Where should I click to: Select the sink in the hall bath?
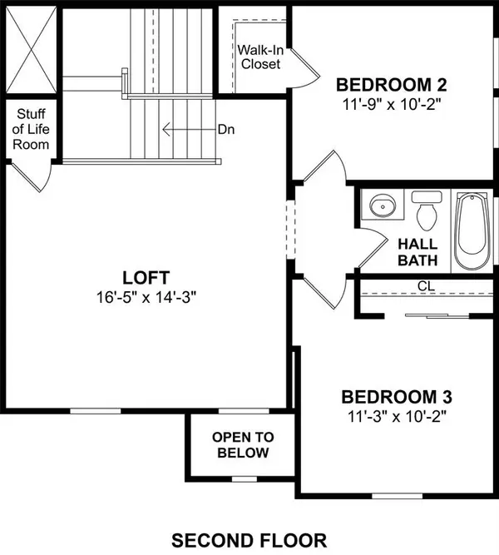383,206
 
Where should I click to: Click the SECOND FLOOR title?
249,537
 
